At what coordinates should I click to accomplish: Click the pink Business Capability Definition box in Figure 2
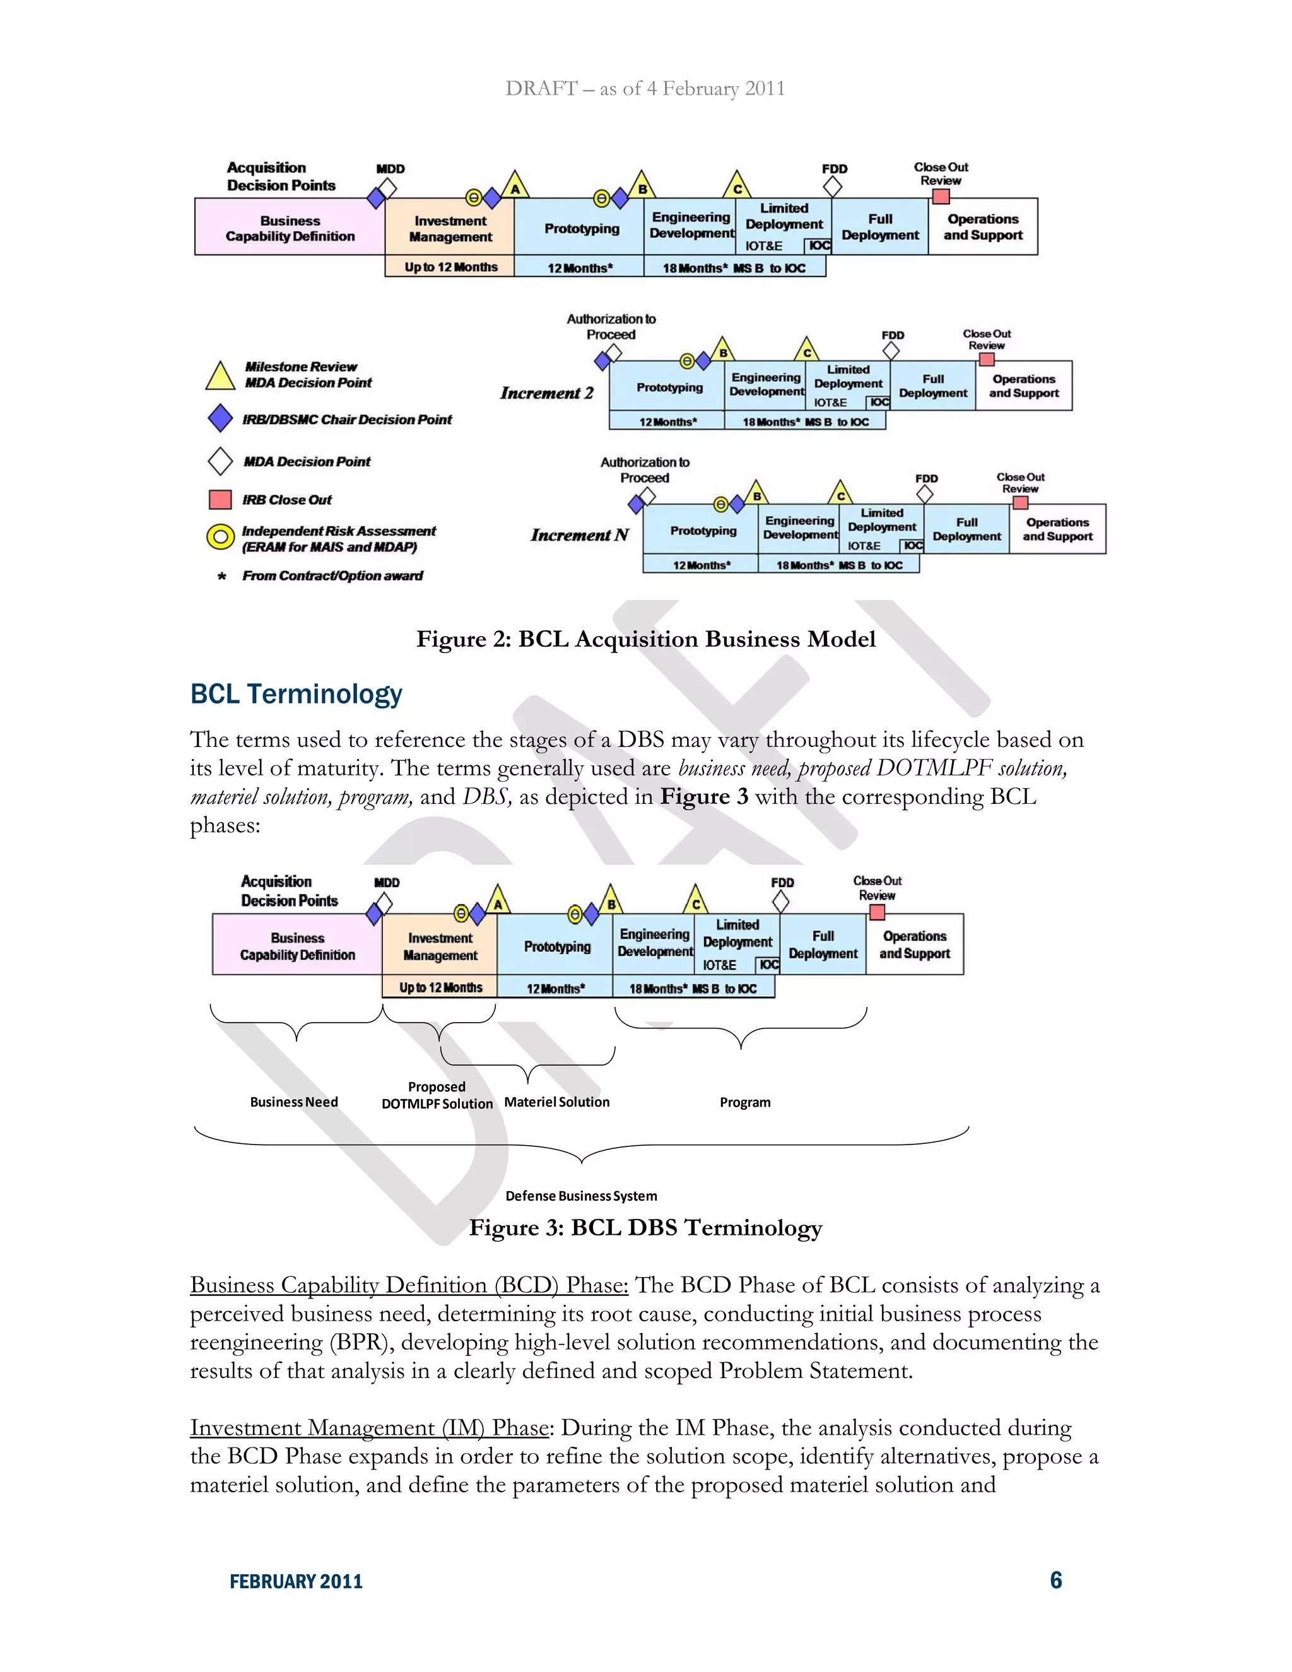coord(290,227)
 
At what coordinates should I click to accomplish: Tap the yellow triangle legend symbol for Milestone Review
coord(220,376)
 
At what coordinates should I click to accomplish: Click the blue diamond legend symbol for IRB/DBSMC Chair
coord(220,419)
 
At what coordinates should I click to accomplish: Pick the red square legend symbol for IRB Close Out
coord(220,500)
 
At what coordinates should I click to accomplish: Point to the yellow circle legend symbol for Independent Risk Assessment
coord(220,538)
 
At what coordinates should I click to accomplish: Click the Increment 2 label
coord(546,392)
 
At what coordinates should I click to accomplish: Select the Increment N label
coord(579,535)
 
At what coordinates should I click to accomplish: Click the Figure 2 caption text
coord(645,639)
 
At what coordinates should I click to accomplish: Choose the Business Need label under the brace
coord(294,1102)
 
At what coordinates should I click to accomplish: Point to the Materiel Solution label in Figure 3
coord(556,1102)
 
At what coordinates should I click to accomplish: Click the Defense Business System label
coord(581,1196)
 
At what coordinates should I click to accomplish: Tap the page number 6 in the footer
coord(1055,1580)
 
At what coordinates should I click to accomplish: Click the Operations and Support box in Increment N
coord(1057,529)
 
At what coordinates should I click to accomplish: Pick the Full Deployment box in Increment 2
coord(933,386)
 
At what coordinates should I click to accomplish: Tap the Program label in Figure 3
coord(745,1102)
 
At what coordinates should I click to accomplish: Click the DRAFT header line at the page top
coord(645,89)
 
